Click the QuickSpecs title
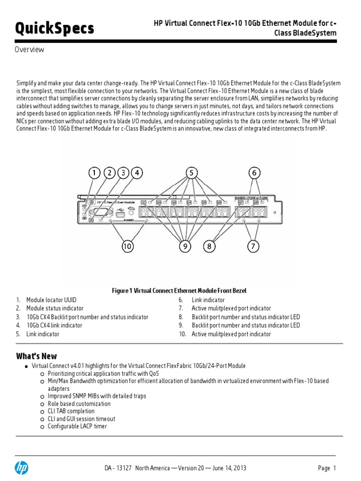pyautogui.click(x=55, y=29)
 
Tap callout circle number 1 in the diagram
pyautogui.click(x=95, y=173)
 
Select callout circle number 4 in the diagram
pyautogui.click(x=137, y=173)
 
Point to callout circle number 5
pyautogui.click(x=191, y=173)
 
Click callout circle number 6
pyautogui.click(x=254, y=173)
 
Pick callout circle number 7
pyautogui.click(x=254, y=246)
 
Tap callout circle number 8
pyautogui.click(x=209, y=246)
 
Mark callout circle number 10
pyautogui.click(x=127, y=246)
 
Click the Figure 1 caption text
pyautogui.click(x=179, y=291)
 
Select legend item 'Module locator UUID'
pyautogui.click(x=51, y=300)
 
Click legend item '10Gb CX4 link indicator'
pyautogui.click(x=54, y=325)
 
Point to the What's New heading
pyautogui.click(x=37, y=356)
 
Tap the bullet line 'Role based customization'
pyautogui.click(x=79, y=403)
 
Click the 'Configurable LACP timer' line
pyautogui.click(x=77, y=426)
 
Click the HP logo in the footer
pyautogui.click(x=22, y=467)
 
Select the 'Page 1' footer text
pyautogui.click(x=327, y=468)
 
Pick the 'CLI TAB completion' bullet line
pyautogui.click(x=71, y=411)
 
